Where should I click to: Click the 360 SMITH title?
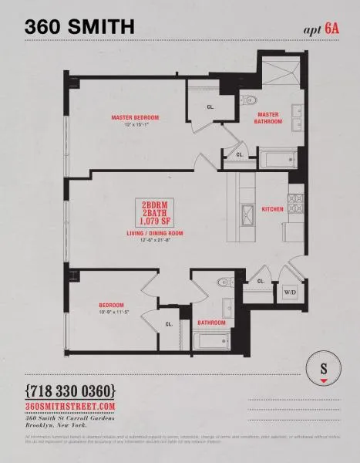(80, 27)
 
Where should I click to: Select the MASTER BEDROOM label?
(135, 117)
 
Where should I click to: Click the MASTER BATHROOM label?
(269, 118)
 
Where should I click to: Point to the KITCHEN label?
(272, 209)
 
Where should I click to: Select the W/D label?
(291, 292)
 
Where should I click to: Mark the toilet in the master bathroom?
(249, 100)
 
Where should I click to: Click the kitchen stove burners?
(296, 204)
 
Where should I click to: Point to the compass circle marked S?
(323, 368)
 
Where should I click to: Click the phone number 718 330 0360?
(71, 390)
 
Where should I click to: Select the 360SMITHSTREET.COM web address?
(70, 406)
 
